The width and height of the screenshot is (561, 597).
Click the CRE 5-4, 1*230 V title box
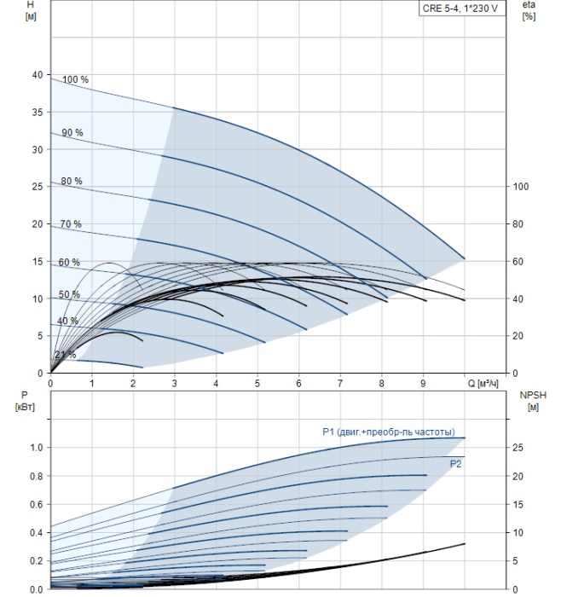click(x=462, y=9)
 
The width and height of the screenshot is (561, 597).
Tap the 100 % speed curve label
click(x=75, y=79)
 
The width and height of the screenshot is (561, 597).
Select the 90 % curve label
click(x=72, y=132)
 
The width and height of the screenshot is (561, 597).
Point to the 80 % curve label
click(x=72, y=181)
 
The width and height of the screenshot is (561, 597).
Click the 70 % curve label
click(x=71, y=223)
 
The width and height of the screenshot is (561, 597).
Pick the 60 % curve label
click(x=69, y=263)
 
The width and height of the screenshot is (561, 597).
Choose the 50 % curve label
click(x=69, y=294)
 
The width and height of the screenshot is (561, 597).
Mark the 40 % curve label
click(x=67, y=321)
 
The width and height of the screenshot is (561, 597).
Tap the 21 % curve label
click(x=66, y=355)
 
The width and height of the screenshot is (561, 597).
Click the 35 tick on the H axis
click(x=38, y=113)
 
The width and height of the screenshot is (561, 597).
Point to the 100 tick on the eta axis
click(x=521, y=187)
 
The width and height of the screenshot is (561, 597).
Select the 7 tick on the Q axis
click(x=340, y=383)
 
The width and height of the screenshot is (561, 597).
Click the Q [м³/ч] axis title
click(x=483, y=383)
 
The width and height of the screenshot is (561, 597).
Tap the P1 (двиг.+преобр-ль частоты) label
click(x=389, y=432)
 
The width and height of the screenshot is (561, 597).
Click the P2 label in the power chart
click(x=455, y=464)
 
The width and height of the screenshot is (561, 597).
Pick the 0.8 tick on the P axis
click(x=37, y=476)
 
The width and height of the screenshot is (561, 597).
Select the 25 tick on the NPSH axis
click(x=518, y=448)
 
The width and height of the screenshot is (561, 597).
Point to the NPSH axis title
click(x=533, y=401)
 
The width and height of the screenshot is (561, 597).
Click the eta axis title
click(x=529, y=10)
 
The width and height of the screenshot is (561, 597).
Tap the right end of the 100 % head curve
click(x=465, y=259)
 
